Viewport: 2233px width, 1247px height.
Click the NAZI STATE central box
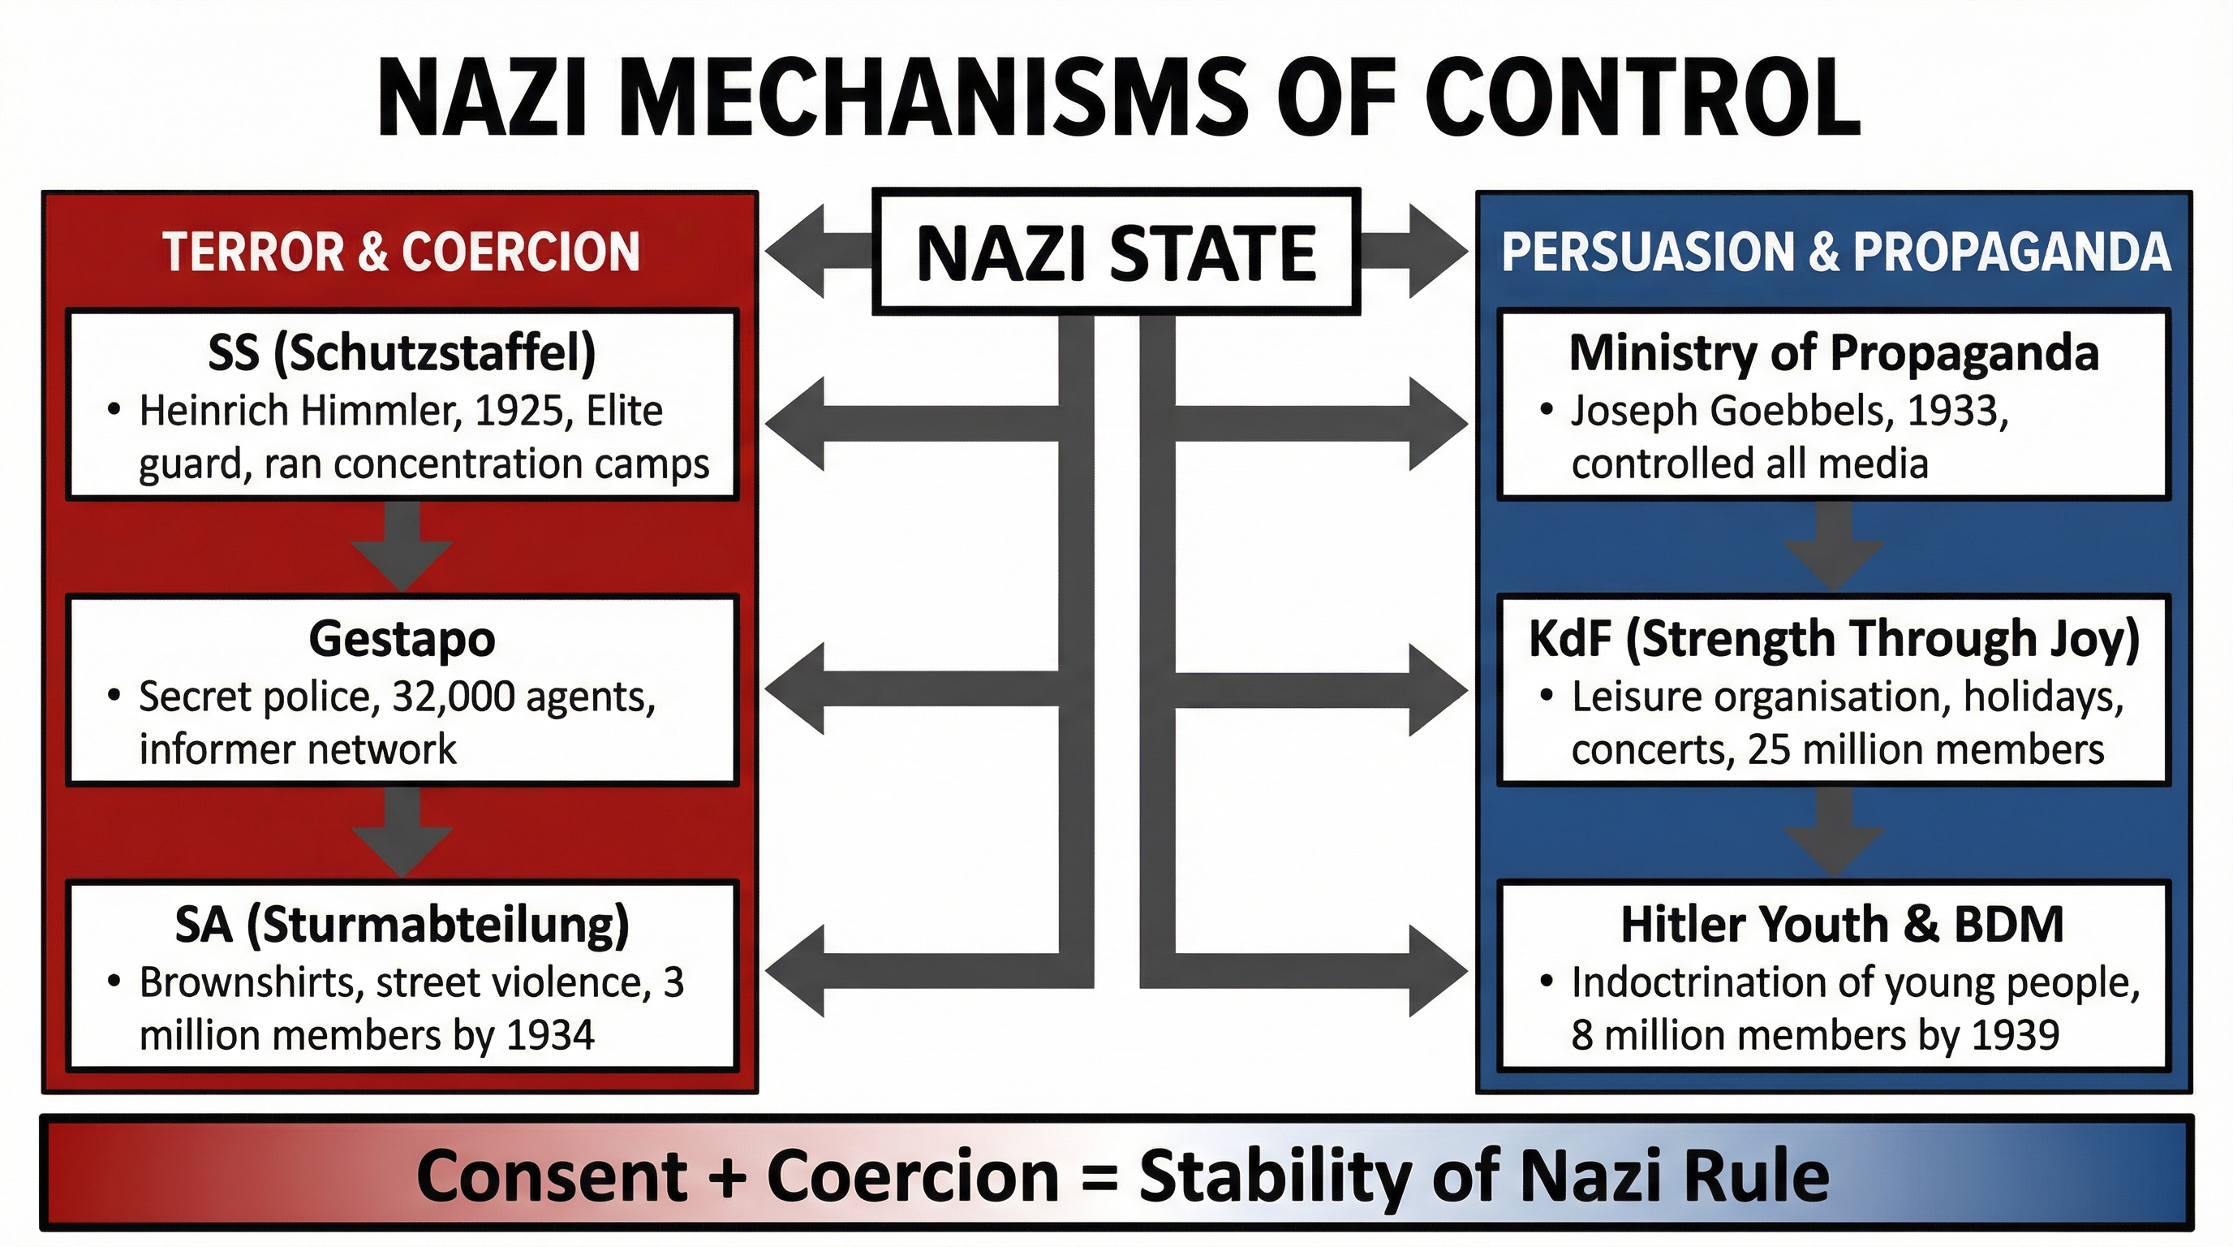[x=1116, y=252]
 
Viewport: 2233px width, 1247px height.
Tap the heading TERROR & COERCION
[x=401, y=252]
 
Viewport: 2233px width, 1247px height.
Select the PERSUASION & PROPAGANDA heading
[x=1835, y=252]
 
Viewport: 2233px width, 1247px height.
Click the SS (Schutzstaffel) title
[x=402, y=353]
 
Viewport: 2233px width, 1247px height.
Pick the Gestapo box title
[x=402, y=639]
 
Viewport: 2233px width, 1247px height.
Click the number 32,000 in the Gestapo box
[x=454, y=697]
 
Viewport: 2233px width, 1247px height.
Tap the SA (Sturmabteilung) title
[x=402, y=925]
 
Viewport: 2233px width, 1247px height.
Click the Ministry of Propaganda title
[x=1834, y=353]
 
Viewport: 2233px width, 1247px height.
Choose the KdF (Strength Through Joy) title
[x=1834, y=639]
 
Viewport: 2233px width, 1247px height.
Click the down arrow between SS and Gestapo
[x=402, y=546]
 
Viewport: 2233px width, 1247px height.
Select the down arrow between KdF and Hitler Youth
[x=1834, y=831]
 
